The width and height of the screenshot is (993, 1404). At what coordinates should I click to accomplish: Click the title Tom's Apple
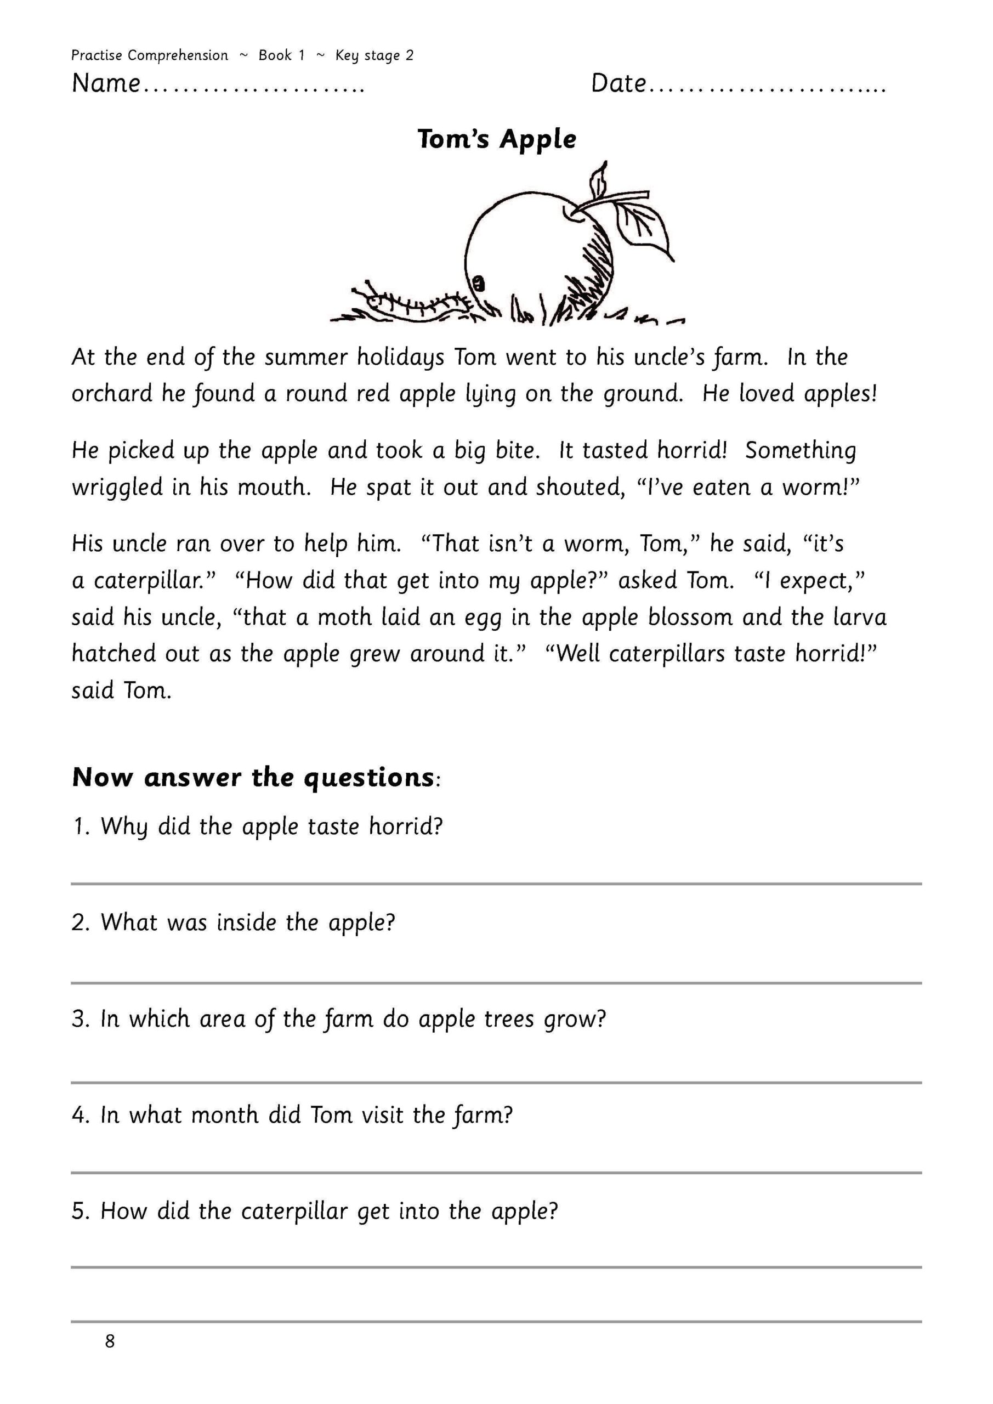click(497, 139)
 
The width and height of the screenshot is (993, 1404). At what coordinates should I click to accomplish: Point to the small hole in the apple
click(479, 282)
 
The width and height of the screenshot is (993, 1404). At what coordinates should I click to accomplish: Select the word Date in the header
click(618, 83)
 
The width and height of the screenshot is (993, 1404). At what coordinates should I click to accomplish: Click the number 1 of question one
click(79, 826)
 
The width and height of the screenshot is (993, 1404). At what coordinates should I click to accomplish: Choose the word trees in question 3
click(509, 1019)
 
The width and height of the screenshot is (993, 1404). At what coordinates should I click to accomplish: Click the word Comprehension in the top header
click(178, 55)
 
